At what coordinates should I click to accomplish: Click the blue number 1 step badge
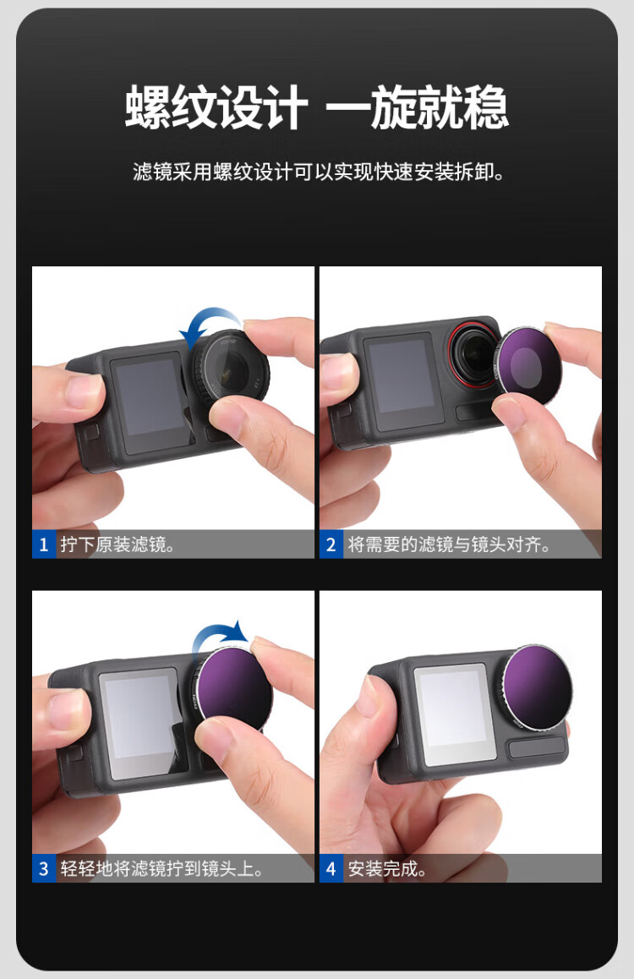coord(44,544)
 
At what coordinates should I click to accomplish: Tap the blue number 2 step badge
coord(331,544)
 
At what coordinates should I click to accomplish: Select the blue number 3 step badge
coord(44,868)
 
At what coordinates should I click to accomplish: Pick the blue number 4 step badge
coord(331,868)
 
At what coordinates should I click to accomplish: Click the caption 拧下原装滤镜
coord(118,544)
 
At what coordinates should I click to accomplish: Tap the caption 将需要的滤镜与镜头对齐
coord(449,544)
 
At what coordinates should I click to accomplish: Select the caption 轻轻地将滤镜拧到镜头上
coord(161,868)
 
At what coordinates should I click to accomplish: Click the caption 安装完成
coord(387,868)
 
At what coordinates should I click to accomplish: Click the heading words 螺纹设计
coord(216,107)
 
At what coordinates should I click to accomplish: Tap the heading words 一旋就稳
coord(417,107)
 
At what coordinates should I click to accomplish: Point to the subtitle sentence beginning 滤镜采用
coord(318,172)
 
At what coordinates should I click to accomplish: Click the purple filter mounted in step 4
coord(537,685)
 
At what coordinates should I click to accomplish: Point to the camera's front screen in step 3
coord(141,725)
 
